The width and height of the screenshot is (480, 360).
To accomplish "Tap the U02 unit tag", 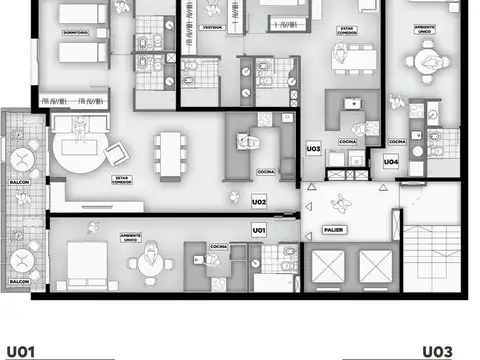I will point(259,202).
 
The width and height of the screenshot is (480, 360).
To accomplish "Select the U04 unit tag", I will point(391,162).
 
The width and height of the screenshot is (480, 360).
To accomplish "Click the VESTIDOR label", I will point(212,28).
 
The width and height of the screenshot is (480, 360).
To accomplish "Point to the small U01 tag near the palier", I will point(259,230).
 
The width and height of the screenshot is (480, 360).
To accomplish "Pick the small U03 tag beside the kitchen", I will point(313,148).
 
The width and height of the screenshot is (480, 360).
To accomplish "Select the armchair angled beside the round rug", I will point(117,152).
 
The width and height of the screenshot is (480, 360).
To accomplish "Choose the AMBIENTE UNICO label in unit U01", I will point(130,238).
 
